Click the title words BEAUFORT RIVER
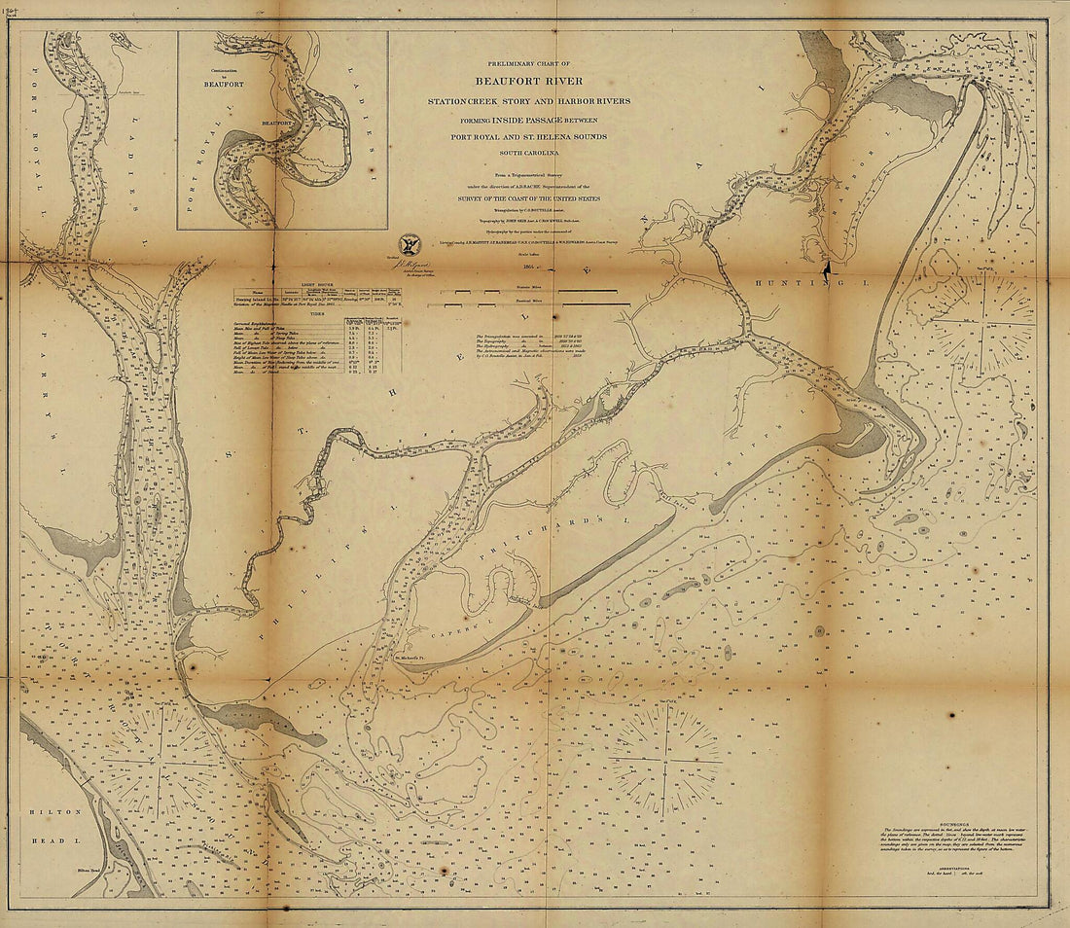point(528,81)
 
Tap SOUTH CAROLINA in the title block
point(528,152)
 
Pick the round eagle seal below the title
point(410,243)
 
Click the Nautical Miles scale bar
point(528,304)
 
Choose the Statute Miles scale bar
point(528,290)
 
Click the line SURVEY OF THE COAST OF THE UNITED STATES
point(528,198)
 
